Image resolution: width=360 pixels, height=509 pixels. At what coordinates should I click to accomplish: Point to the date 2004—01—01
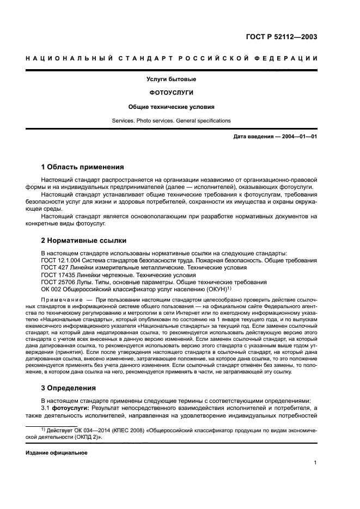[x=296, y=136]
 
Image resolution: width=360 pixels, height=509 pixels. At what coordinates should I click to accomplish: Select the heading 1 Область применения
[x=83, y=167]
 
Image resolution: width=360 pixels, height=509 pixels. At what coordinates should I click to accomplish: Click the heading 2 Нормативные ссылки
[x=84, y=240]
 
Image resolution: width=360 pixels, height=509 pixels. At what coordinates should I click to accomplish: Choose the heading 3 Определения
[x=69, y=388]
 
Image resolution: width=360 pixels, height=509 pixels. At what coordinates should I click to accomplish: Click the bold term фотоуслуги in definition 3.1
[x=71, y=408]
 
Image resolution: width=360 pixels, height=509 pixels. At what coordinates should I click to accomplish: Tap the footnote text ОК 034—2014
[x=92, y=430]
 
